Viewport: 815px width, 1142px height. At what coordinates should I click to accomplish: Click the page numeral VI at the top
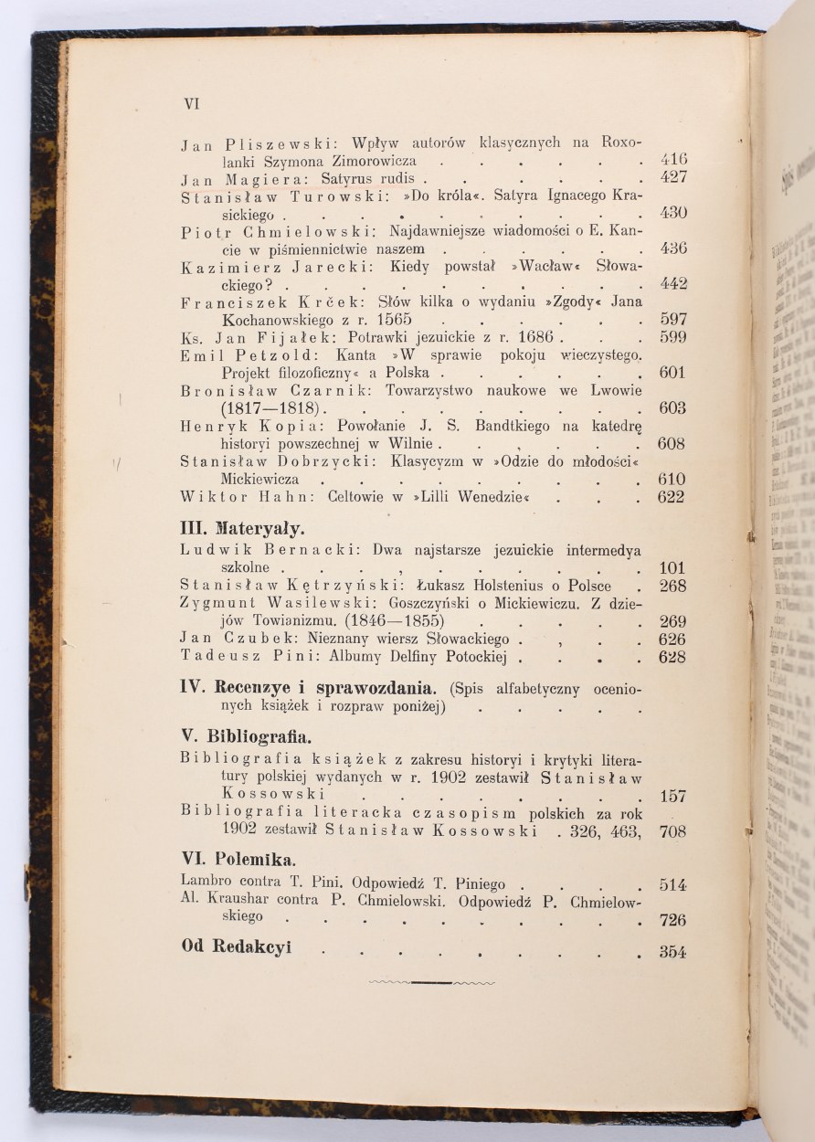pyautogui.click(x=191, y=104)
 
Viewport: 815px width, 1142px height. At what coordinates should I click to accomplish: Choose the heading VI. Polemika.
pyautogui.click(x=238, y=860)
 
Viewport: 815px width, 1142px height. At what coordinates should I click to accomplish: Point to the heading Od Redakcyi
pyautogui.click(x=236, y=946)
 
